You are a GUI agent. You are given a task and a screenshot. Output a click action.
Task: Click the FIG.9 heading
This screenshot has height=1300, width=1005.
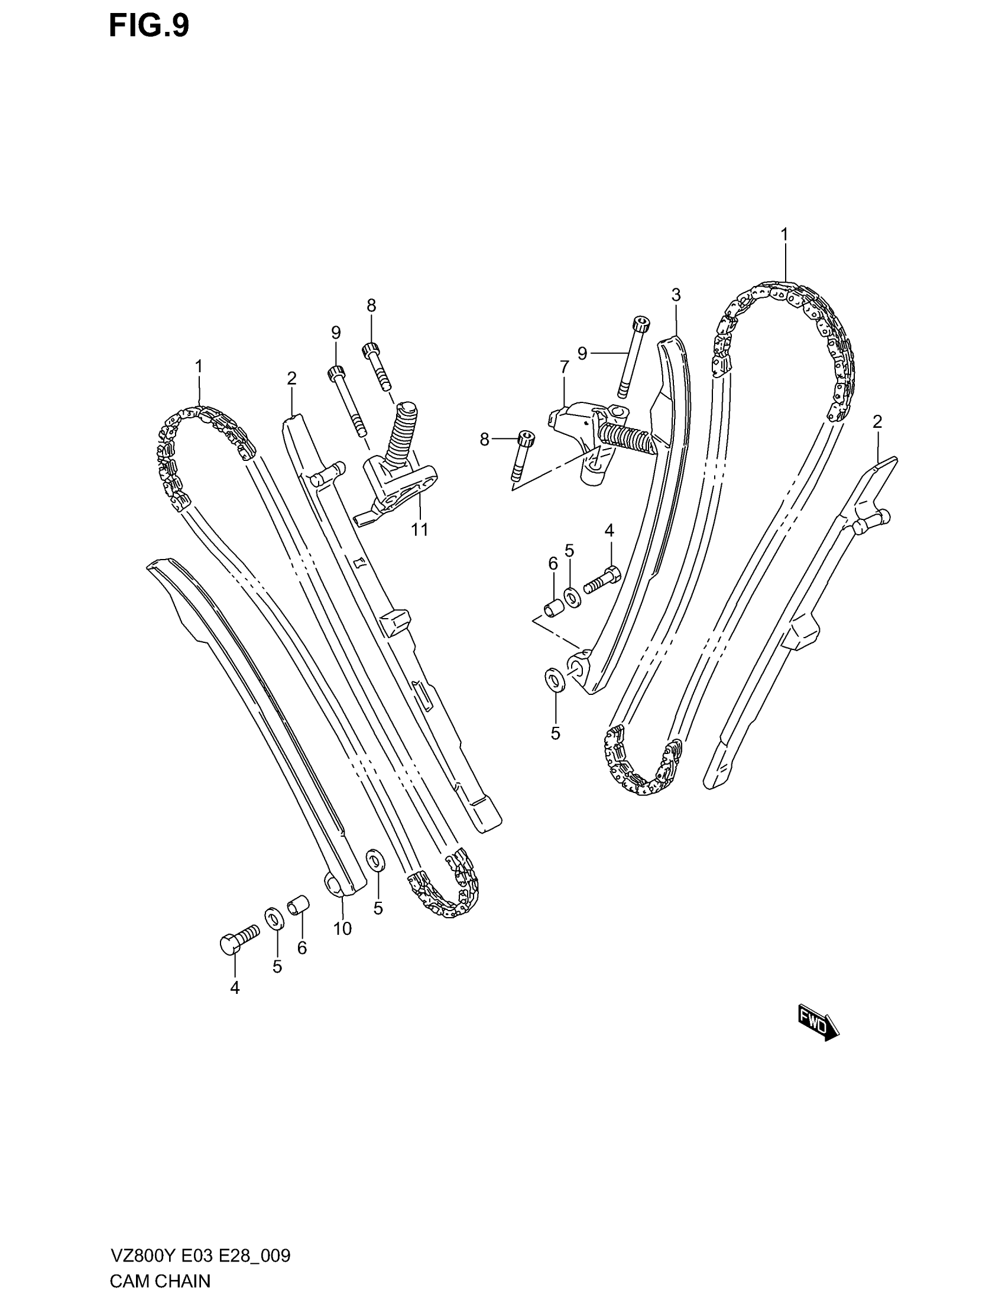[149, 27]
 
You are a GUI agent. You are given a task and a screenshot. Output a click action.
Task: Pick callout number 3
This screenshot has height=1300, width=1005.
[676, 295]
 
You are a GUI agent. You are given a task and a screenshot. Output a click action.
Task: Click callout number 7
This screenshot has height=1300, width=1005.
[564, 368]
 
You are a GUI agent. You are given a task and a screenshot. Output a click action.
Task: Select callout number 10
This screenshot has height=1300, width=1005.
[342, 928]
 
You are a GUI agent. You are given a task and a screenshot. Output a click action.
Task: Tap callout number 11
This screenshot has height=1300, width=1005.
[420, 529]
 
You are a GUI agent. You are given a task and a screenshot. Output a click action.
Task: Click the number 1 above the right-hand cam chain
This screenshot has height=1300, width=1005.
[784, 234]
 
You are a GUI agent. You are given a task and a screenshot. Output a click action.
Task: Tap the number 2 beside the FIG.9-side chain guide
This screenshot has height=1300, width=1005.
[291, 378]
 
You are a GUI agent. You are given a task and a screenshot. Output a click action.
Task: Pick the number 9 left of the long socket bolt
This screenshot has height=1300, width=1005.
[582, 353]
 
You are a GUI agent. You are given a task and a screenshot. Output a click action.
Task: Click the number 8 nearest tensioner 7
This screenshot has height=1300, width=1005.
[484, 440]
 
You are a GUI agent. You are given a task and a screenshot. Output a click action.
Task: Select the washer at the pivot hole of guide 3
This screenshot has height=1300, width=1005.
[555, 680]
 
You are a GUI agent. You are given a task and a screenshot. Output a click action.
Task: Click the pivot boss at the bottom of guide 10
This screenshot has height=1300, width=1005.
[333, 899]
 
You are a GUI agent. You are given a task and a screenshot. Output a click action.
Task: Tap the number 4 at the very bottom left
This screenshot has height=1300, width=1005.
[235, 988]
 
